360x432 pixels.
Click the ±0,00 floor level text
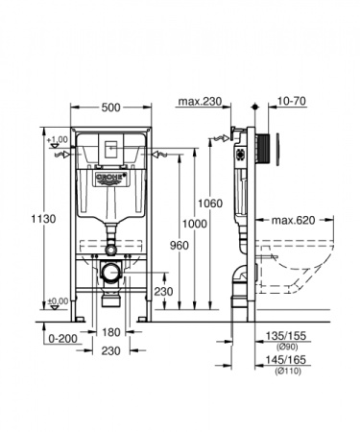57,300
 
